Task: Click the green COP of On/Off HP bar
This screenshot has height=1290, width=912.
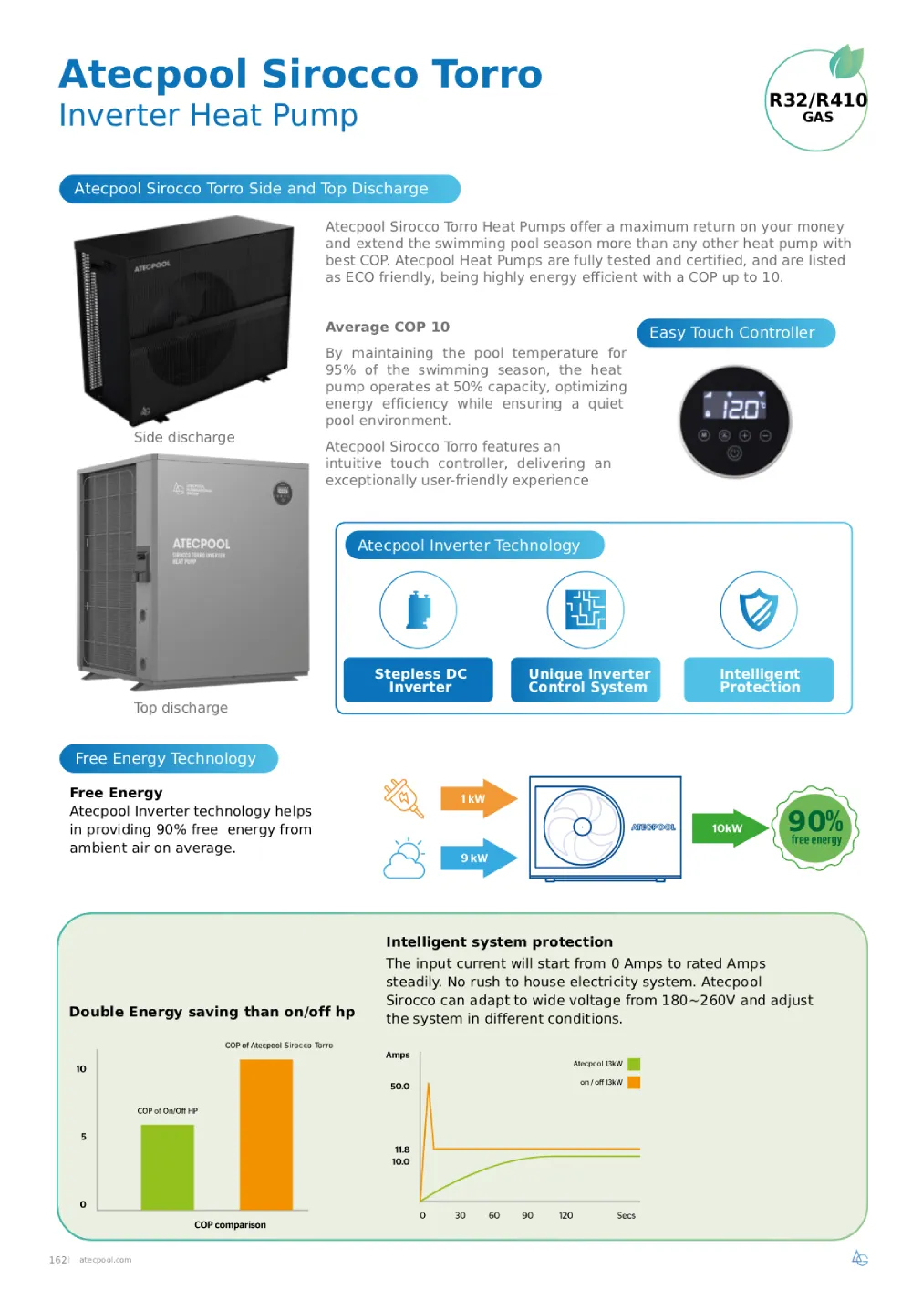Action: click(x=167, y=1167)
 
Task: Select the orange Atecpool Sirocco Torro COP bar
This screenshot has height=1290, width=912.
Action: click(x=266, y=1134)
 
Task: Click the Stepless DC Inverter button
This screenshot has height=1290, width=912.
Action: click(x=419, y=680)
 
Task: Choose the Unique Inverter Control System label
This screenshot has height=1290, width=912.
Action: click(x=586, y=680)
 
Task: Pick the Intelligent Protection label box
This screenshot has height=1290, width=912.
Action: click(x=759, y=680)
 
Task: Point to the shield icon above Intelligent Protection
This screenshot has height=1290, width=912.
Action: click(x=759, y=609)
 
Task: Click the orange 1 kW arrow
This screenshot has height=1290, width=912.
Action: click(x=477, y=798)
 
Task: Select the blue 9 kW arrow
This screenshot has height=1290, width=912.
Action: click(x=477, y=858)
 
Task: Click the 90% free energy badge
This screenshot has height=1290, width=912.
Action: click(x=815, y=827)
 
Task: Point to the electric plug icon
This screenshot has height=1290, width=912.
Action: click(x=404, y=796)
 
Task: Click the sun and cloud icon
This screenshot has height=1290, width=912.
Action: click(x=405, y=858)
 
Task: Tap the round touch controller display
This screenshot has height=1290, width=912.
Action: click(x=735, y=421)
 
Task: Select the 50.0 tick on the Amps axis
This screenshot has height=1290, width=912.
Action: click(x=399, y=1087)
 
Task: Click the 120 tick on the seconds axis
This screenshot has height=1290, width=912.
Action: click(x=565, y=1215)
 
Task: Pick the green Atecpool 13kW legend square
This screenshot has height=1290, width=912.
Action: click(x=634, y=1064)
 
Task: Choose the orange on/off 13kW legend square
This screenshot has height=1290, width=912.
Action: click(x=634, y=1082)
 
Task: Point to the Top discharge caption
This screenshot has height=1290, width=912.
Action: click(x=181, y=708)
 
